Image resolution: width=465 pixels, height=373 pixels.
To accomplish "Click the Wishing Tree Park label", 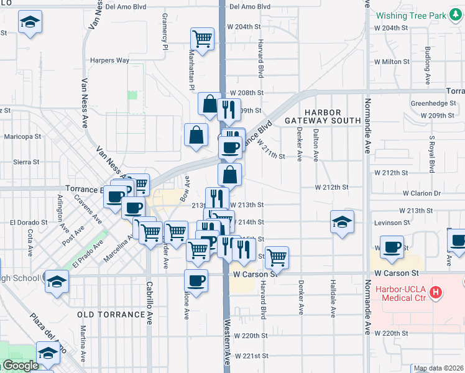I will tap(420, 14).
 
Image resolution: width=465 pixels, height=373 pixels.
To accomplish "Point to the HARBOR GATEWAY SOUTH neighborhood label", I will tap(323, 116).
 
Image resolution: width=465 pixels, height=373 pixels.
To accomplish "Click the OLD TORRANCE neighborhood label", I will tap(111, 315).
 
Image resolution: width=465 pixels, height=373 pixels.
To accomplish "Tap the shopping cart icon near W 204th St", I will tap(202, 39).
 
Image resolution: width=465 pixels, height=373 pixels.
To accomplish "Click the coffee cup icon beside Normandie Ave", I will tap(391, 247).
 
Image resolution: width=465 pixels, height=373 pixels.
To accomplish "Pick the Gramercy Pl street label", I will tap(165, 30).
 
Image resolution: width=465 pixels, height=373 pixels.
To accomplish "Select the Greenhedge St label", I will tap(433, 104).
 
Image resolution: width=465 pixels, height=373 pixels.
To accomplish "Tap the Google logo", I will tap(21, 366).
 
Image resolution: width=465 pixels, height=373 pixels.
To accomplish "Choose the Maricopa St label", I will tap(22, 136).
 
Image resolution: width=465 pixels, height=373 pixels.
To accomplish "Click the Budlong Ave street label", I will tap(427, 65).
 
